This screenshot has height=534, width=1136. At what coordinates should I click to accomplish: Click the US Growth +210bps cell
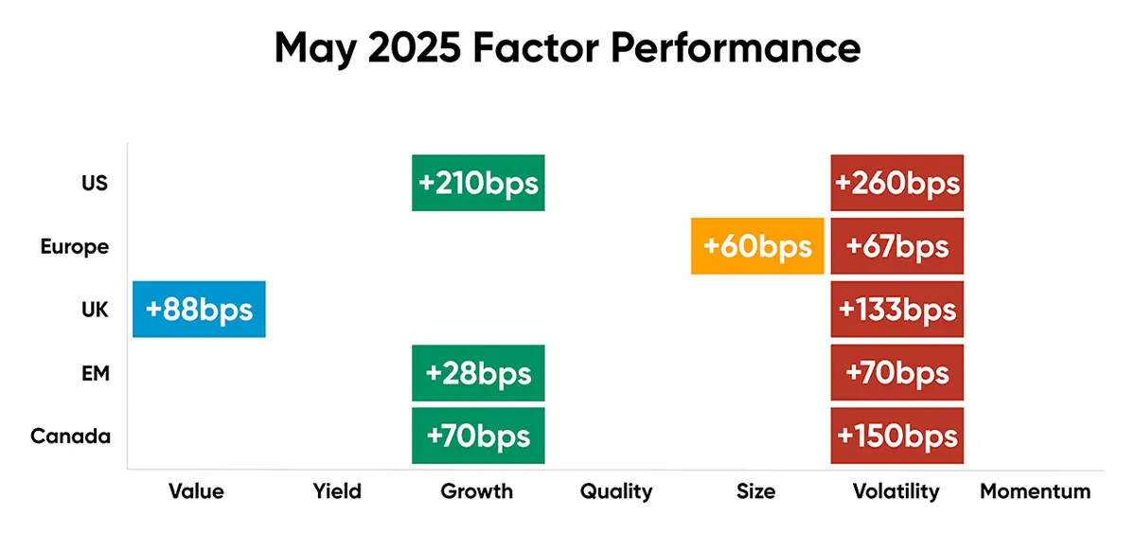coord(478,183)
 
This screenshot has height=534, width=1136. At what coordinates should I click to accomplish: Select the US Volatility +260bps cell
coord(896,183)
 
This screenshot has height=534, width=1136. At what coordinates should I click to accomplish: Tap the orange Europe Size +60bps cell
coord(757,246)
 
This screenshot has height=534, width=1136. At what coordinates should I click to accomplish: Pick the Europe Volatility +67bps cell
coord(896,246)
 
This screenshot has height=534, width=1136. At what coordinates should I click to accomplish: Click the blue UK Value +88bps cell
coord(199,309)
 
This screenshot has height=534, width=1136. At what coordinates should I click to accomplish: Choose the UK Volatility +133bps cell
coord(896,309)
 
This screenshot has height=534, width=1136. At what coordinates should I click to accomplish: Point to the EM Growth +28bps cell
coord(478,372)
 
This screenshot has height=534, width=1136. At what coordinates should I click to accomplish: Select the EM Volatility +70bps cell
coord(896,372)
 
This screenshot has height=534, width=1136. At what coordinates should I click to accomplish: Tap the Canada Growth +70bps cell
coord(478,436)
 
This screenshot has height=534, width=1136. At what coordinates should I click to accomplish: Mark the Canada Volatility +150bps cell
coord(896,436)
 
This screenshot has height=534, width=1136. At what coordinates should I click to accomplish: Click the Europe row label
coord(75,247)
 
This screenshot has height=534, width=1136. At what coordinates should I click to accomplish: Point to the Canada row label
coord(70,436)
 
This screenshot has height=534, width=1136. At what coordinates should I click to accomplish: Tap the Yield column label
coord(337,491)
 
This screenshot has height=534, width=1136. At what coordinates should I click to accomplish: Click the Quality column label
coord(616,491)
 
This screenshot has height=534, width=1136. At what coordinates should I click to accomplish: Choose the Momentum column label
coord(1035,491)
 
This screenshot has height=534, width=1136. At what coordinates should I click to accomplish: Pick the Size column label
coord(755,491)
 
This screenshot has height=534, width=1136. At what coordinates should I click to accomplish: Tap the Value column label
coord(196,491)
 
